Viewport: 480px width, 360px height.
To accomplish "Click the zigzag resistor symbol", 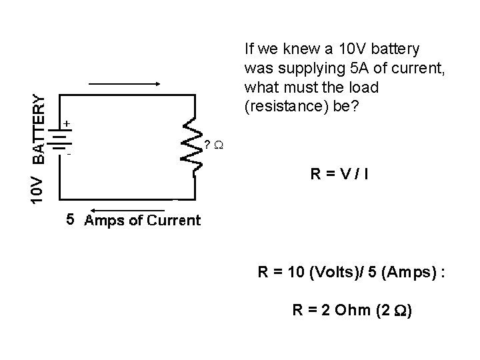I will [194, 147].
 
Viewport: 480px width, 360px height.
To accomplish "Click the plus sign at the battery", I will [67, 124].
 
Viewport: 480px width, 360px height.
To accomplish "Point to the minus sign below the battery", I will [68, 155].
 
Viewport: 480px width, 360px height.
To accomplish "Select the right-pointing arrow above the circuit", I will [125, 84].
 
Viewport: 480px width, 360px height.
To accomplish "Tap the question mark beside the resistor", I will [207, 145].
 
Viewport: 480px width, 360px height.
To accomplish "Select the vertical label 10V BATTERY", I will [39, 148].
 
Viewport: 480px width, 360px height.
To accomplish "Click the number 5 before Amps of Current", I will [69, 219].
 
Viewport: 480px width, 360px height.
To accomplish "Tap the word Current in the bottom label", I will [175, 220].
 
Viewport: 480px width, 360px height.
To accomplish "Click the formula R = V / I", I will [339, 175].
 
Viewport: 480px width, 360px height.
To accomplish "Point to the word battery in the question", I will [397, 49].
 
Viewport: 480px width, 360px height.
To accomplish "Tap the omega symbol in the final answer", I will [399, 310].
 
